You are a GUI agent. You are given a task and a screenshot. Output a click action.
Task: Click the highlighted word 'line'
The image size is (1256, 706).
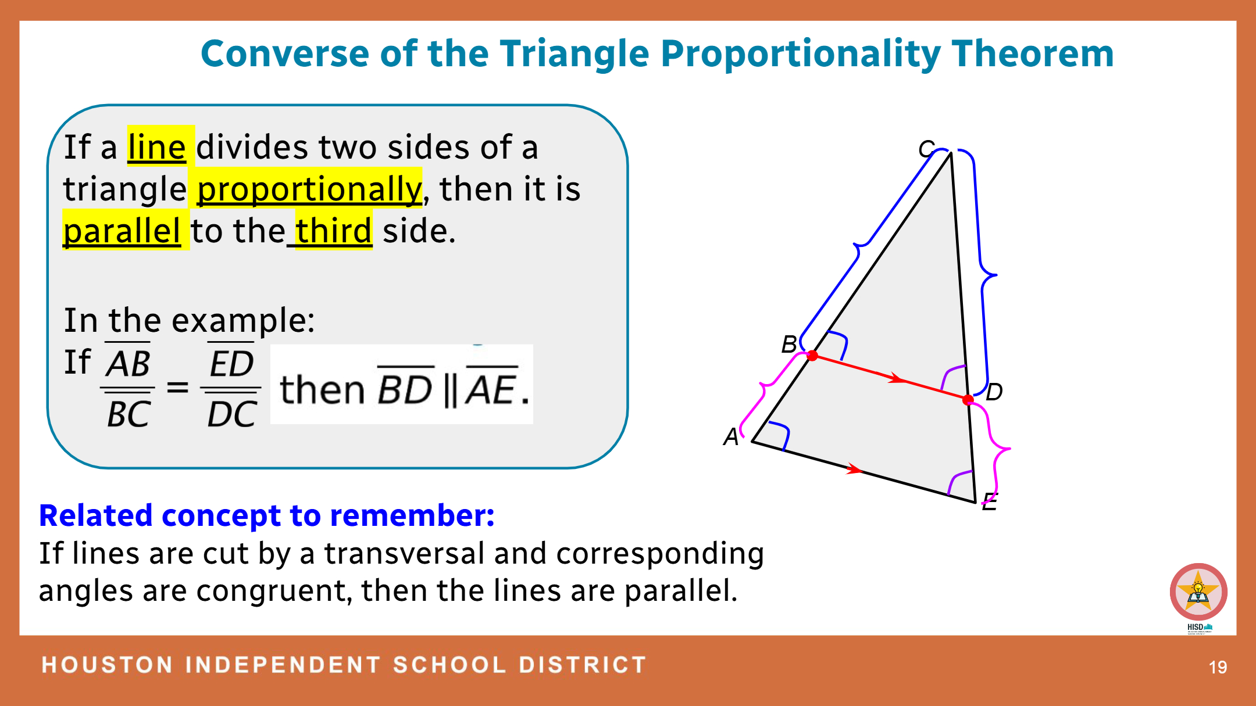click(x=156, y=147)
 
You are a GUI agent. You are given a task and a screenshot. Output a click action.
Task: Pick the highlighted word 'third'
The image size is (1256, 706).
click(x=333, y=231)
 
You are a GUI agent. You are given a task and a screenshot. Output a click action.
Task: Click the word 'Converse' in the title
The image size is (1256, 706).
click(x=285, y=53)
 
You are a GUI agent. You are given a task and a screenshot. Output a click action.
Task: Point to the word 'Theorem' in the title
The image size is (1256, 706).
click(x=1033, y=53)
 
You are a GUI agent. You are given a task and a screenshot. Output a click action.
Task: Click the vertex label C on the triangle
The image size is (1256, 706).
click(x=926, y=149)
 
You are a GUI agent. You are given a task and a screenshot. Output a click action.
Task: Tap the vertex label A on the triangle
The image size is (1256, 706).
click(x=731, y=436)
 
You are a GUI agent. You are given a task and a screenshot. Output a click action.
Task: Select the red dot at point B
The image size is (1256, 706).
click(x=812, y=356)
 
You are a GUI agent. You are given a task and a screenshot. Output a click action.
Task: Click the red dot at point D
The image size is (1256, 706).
click(x=968, y=400)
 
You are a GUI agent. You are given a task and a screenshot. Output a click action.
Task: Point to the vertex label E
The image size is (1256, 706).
click(x=990, y=501)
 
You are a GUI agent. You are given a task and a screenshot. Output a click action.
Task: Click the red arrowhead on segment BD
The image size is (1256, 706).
click(x=898, y=379)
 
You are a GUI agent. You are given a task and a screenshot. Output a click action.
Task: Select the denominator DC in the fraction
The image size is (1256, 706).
click(x=232, y=415)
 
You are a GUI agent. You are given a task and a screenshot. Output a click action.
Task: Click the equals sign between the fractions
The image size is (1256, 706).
click(x=177, y=387)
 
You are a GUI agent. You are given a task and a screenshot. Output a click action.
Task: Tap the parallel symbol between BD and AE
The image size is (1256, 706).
click(x=449, y=390)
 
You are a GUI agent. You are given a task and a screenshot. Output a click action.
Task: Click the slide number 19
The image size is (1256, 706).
click(x=1218, y=667)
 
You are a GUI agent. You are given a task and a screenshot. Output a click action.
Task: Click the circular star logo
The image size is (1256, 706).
click(x=1198, y=592)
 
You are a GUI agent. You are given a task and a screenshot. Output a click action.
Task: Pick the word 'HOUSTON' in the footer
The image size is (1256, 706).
click(x=108, y=665)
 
